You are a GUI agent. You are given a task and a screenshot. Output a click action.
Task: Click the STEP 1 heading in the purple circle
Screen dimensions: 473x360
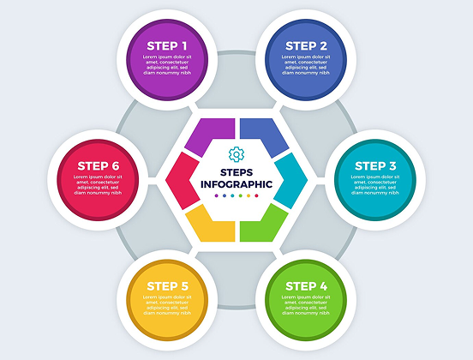[167, 46]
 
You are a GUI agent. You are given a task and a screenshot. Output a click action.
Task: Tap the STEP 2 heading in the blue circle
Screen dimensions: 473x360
[306, 46]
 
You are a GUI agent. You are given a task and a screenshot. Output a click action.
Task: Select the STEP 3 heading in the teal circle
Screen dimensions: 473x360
[375, 166]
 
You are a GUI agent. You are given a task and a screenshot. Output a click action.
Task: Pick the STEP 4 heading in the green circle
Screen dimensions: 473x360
[306, 286]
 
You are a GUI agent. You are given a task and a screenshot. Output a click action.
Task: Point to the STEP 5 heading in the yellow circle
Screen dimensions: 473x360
[167, 286]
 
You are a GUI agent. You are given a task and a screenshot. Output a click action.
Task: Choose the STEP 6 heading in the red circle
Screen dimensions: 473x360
[99, 166]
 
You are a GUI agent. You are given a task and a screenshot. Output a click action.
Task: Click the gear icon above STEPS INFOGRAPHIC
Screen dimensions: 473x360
[236, 154]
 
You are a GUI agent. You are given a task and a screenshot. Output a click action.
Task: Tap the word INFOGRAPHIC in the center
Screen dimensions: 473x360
[236, 184]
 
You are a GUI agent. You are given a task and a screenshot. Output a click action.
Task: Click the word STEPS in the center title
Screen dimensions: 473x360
[236, 172]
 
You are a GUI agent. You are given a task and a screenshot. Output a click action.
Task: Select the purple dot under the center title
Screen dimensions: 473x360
[216, 195]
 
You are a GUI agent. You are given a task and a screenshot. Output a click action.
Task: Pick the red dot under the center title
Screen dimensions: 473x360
[257, 195]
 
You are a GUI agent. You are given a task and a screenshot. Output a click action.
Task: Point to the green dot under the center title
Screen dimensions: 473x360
[241, 195]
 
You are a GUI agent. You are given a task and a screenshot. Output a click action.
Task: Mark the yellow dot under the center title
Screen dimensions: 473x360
[248, 195]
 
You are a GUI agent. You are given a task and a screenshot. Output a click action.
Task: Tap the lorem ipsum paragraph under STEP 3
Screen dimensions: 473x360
[375, 184]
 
